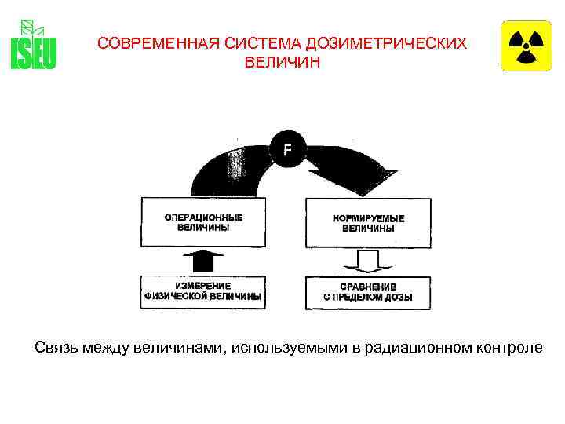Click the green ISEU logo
point(34,45)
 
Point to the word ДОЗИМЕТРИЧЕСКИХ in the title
point(378,44)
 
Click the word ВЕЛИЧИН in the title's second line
point(282,61)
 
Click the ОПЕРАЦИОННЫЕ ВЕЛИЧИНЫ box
point(204,222)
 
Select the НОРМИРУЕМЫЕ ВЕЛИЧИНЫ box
point(367,222)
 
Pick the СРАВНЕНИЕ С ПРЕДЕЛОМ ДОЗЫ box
point(367,291)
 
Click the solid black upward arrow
point(202,260)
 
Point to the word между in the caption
point(107,347)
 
